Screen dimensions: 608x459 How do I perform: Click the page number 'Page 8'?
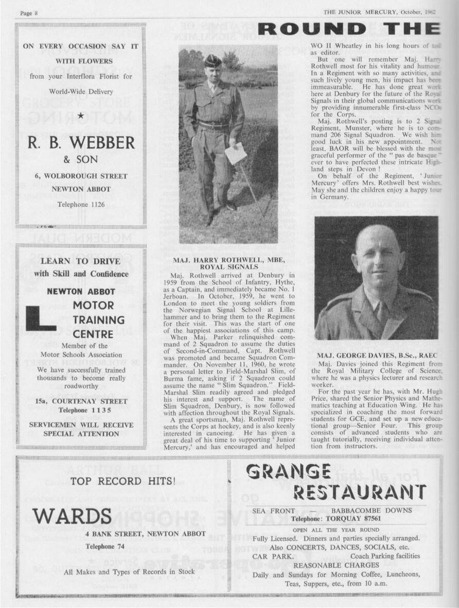point(29,12)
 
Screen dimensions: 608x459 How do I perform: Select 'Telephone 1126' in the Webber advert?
point(81,205)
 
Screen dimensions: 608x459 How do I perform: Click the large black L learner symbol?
point(40,318)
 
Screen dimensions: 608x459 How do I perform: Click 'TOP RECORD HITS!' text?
point(123,481)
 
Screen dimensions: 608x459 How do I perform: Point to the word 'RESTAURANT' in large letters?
point(359,492)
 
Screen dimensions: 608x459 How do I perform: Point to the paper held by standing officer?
point(236,153)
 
